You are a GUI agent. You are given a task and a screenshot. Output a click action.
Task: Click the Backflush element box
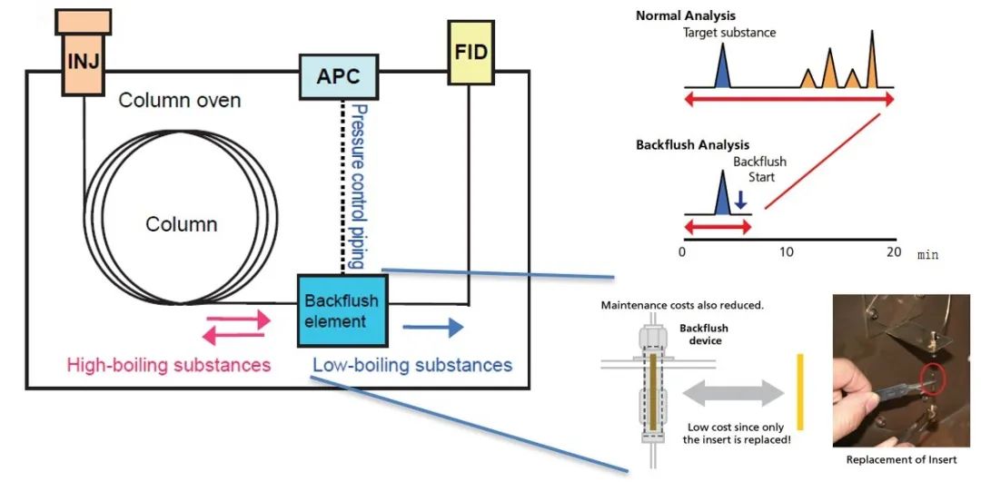pyautogui.click(x=342, y=310)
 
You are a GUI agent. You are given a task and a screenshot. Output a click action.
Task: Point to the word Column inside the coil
pyautogui.click(x=182, y=223)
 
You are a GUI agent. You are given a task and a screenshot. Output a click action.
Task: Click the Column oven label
pyautogui.click(x=180, y=99)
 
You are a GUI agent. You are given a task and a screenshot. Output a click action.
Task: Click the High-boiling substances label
pyautogui.click(x=169, y=365)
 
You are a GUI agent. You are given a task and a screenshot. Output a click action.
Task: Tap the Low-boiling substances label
pyautogui.click(x=412, y=365)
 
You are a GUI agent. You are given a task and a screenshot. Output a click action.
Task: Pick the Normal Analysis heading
pyautogui.click(x=686, y=15)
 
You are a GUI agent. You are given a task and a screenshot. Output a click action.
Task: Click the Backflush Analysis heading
pyautogui.click(x=692, y=144)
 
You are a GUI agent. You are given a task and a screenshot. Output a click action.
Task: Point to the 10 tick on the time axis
pyautogui.click(x=787, y=251)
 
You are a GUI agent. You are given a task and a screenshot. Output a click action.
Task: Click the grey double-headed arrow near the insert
pyautogui.click(x=732, y=392)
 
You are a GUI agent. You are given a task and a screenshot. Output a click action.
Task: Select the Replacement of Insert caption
pyautogui.click(x=901, y=459)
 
